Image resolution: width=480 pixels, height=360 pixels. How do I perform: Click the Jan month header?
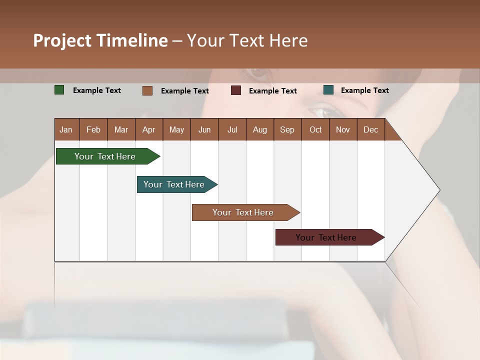click(x=66, y=129)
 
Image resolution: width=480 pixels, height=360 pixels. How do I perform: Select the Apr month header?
click(x=149, y=129)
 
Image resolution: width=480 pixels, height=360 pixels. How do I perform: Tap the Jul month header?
click(x=232, y=129)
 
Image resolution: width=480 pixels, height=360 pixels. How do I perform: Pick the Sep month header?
click(x=287, y=129)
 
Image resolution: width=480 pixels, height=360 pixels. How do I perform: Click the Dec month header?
click(x=371, y=129)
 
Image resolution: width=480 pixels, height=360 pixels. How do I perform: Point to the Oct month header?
click(x=315, y=129)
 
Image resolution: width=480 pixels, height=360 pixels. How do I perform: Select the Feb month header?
click(x=93, y=129)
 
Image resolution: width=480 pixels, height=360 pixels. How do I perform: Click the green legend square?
click(x=59, y=90)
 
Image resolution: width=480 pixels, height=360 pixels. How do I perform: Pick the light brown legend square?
click(x=147, y=90)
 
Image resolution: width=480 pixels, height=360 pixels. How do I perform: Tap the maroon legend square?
click(x=236, y=90)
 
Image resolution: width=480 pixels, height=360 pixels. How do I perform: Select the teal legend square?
click(x=328, y=90)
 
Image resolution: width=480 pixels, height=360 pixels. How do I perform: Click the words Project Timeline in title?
click(x=100, y=40)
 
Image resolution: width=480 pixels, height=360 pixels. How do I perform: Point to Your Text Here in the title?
click(x=247, y=40)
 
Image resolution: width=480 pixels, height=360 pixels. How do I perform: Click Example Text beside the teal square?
click(x=365, y=90)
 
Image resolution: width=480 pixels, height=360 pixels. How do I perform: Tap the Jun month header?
click(x=204, y=129)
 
